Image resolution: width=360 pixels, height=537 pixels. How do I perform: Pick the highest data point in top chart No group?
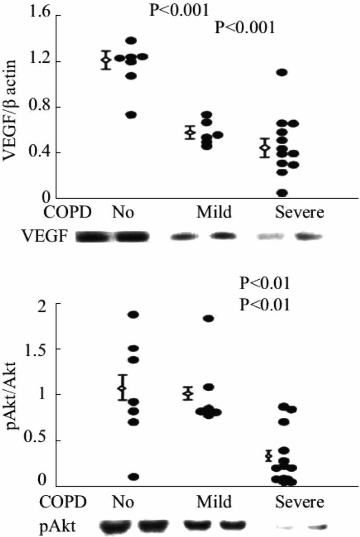point(131,41)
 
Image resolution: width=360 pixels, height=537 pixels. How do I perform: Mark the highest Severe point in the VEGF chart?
point(281,72)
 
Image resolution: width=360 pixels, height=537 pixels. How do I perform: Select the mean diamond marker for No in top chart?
point(105,60)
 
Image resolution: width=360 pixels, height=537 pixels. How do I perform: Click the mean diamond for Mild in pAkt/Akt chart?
point(187,393)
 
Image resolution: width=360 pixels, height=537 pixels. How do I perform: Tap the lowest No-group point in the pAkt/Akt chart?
point(133,477)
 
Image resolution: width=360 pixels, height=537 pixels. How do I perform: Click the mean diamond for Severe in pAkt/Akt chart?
point(268,456)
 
